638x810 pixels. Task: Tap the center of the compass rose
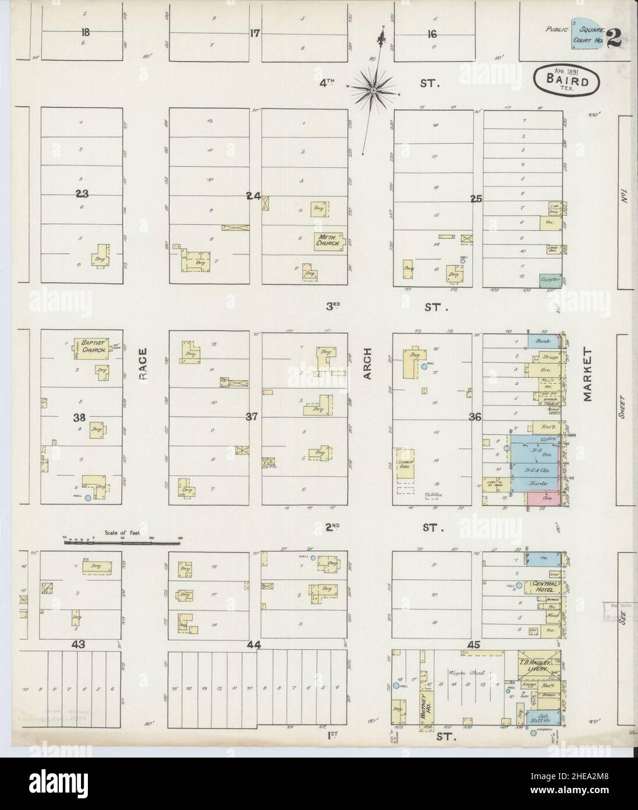tap(373, 90)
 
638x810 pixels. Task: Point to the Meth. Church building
tap(329, 240)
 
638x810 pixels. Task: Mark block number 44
tap(253, 645)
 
